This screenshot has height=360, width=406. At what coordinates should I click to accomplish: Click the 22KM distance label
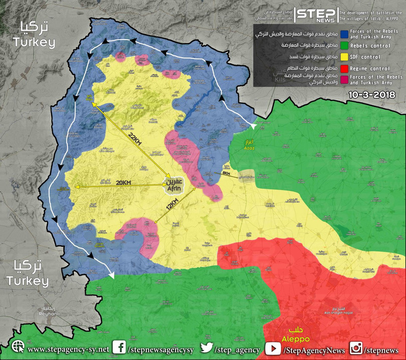[x=135, y=140]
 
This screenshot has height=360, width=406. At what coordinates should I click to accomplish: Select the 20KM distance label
[x=123, y=183]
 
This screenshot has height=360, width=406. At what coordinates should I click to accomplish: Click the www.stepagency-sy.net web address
[x=68, y=349]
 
